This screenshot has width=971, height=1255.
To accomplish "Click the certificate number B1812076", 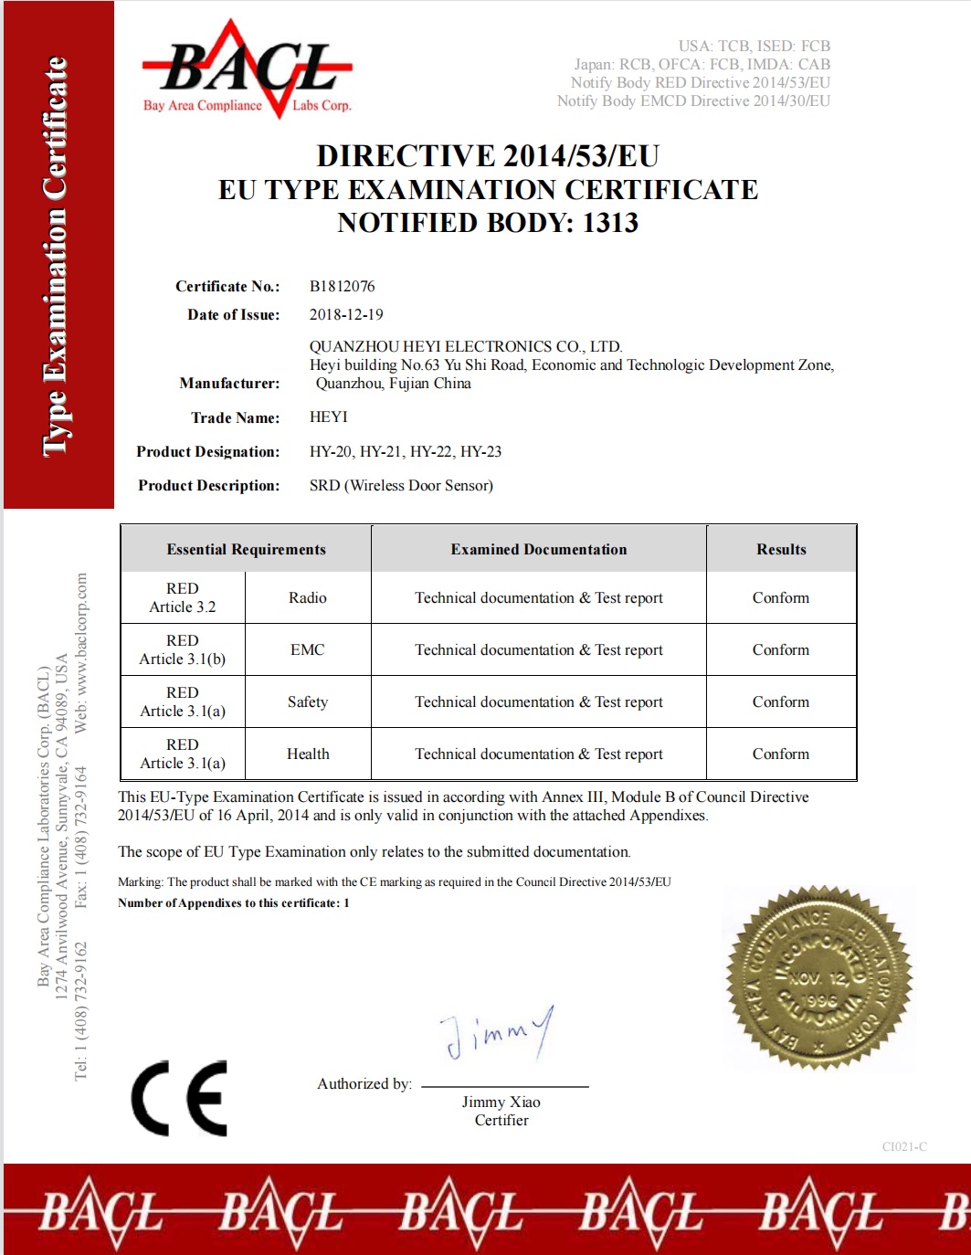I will pyautogui.click(x=342, y=286).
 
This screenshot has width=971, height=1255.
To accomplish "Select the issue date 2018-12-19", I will pyautogui.click(x=346, y=314).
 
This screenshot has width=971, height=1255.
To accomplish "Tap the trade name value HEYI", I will pyautogui.click(x=328, y=417).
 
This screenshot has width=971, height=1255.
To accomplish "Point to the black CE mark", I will pyautogui.click(x=179, y=1098).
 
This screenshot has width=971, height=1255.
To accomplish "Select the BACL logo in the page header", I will pyautogui.click(x=247, y=71).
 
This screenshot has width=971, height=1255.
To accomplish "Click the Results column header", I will pyautogui.click(x=781, y=549).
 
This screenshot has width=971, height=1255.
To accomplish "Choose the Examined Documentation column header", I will pyautogui.click(x=538, y=549).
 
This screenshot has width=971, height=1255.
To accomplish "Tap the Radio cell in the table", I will pyautogui.click(x=307, y=597).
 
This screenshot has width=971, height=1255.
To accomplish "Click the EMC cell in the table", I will pyautogui.click(x=307, y=649).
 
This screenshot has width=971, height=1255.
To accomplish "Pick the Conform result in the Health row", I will pyautogui.click(x=780, y=754).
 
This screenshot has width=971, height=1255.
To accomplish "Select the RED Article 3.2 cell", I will pyautogui.click(x=183, y=597).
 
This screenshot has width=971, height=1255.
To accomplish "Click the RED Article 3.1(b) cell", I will pyautogui.click(x=183, y=649).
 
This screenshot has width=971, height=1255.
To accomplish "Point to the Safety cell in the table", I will pyautogui.click(x=307, y=701).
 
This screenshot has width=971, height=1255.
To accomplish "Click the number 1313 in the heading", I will pyautogui.click(x=610, y=222).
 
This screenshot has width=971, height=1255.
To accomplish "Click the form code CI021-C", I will pyautogui.click(x=904, y=1146).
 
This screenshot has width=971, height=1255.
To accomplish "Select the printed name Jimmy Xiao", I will pyautogui.click(x=501, y=1102).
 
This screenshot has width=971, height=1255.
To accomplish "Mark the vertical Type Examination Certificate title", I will pyautogui.click(x=57, y=255).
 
